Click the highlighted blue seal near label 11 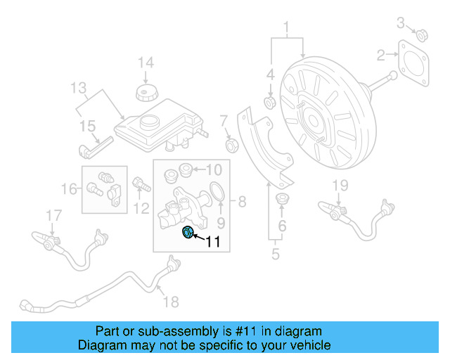click(188, 233)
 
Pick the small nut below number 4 click(270, 103)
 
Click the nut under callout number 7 click(229, 146)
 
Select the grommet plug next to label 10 click(186, 169)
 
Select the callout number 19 click(340, 186)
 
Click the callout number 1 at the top click(286, 28)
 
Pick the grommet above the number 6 click(283, 198)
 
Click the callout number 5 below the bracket click(275, 252)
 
